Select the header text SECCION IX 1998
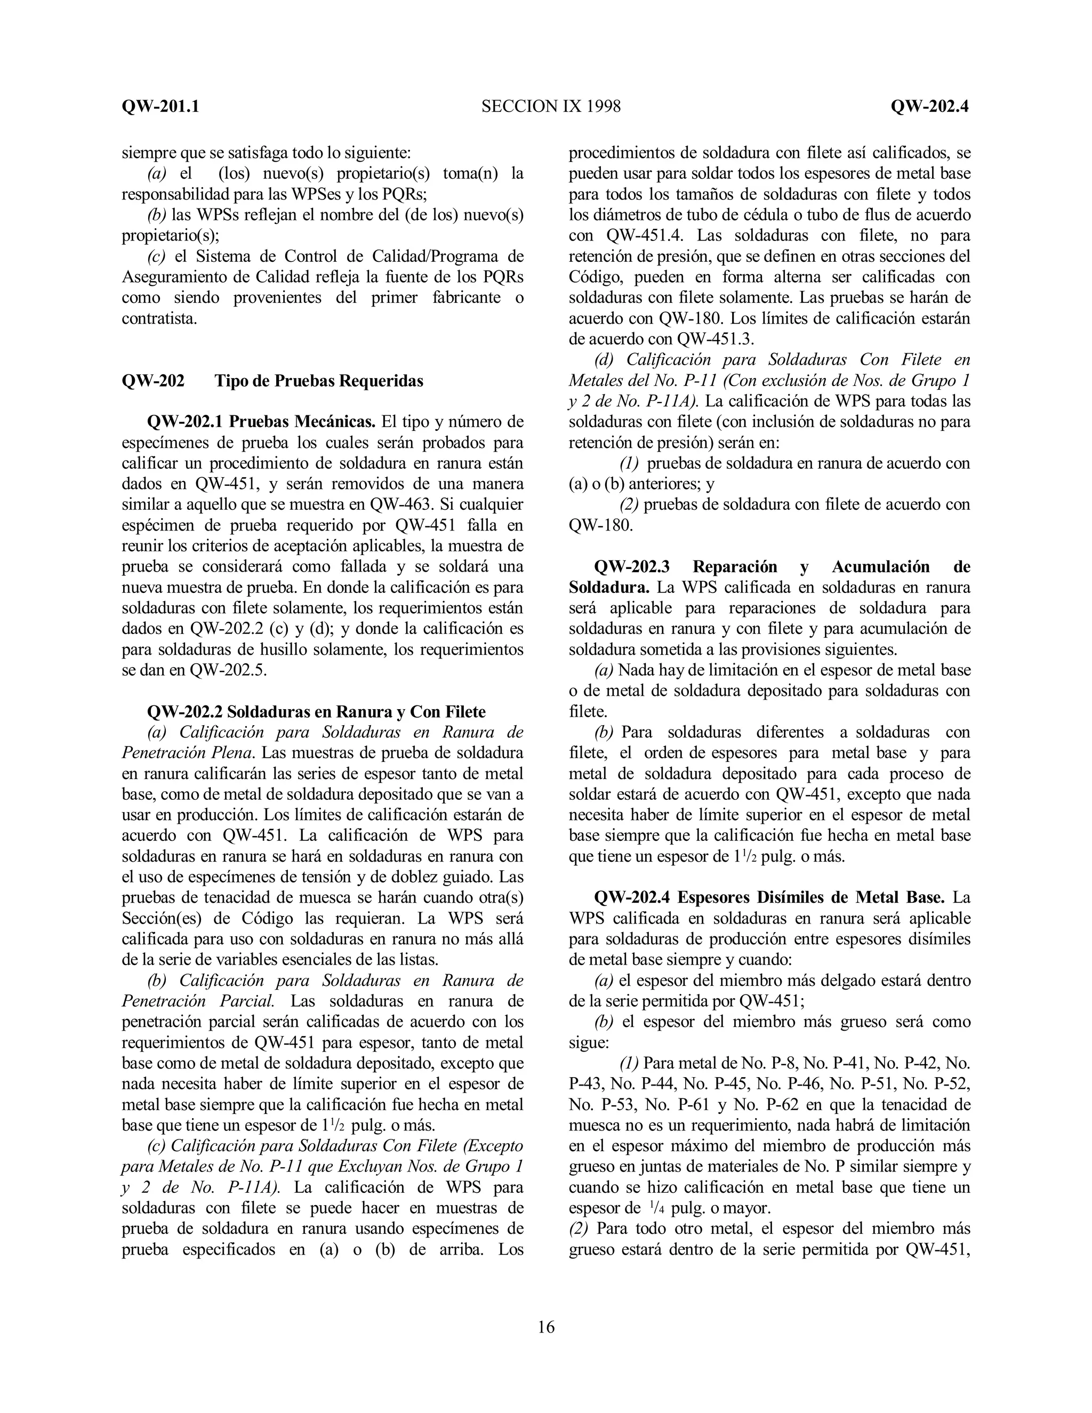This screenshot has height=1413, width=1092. coord(550,106)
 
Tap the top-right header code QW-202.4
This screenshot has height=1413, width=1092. coord(929,106)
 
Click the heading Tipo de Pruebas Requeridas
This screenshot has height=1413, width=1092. coord(318,381)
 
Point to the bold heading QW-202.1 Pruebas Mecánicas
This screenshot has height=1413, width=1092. coord(261,422)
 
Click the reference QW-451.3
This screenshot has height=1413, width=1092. coord(715,339)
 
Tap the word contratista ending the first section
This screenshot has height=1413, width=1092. coord(159,318)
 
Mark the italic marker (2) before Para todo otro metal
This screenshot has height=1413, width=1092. coord(579,1228)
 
